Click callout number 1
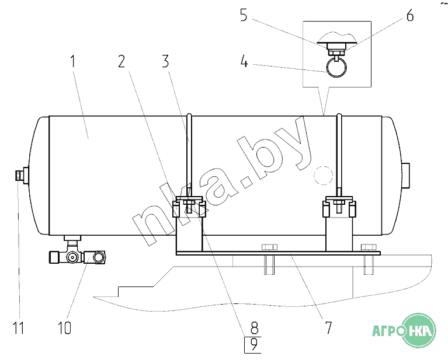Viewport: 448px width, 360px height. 73,61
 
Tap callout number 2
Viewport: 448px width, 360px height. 121,61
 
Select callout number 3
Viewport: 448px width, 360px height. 165,61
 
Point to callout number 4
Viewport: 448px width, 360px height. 244,61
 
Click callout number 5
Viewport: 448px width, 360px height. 244,15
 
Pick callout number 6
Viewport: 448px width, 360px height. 410,15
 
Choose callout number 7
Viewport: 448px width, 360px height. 329,328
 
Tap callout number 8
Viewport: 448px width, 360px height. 254,328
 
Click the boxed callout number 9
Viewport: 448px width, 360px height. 253,345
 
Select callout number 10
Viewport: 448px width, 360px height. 65,328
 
